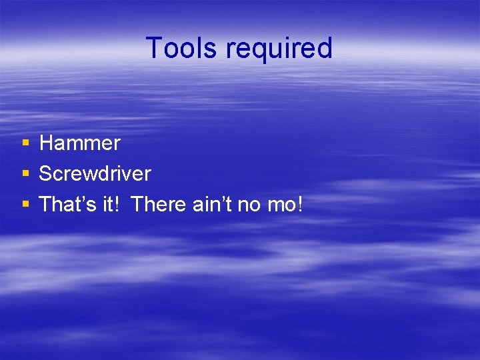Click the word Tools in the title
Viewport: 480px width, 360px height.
[182, 49]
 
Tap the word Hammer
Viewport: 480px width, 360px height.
[80, 143]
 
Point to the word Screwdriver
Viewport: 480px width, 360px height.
[95, 174]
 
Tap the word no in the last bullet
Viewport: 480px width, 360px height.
[250, 205]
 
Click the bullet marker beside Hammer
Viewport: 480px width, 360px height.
[25, 143]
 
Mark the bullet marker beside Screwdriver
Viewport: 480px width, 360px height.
[25, 174]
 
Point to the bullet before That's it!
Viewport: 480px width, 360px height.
[25, 205]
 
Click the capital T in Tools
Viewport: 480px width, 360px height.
[153, 49]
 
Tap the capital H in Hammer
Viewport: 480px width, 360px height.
[47, 143]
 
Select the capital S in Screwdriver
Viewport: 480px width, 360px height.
[46, 174]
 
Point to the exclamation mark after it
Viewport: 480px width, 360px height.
[119, 205]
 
